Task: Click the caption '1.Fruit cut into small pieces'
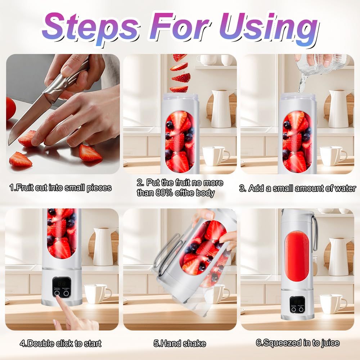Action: point(60,188)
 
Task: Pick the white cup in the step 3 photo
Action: point(332,156)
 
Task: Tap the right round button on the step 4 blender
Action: point(66,293)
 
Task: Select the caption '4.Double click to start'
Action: point(60,343)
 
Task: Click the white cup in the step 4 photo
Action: point(96,293)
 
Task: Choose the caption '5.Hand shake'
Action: point(180,343)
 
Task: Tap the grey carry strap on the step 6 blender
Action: point(315,234)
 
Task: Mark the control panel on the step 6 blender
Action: point(298,305)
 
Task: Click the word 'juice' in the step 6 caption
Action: point(327,343)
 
